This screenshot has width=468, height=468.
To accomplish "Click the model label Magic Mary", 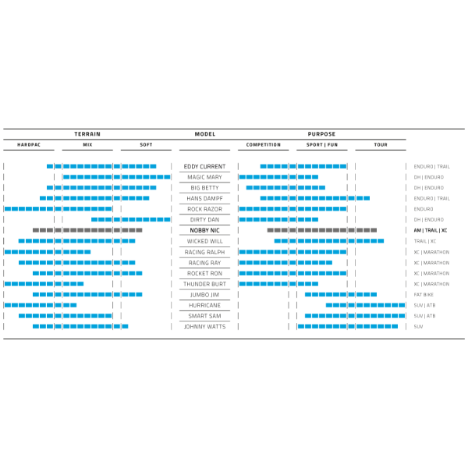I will (204, 177).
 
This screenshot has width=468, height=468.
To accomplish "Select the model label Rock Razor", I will (204, 209).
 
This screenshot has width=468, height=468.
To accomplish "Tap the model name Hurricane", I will (204, 305).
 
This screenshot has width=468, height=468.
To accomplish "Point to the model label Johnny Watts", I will (204, 326).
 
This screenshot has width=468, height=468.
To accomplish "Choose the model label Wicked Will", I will (204, 241).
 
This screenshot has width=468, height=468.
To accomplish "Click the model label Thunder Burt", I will (204, 284).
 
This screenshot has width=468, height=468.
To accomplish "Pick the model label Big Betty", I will (204, 188).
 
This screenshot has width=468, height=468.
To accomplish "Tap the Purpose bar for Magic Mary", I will (278, 177).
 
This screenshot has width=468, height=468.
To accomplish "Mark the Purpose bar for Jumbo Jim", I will (340, 294).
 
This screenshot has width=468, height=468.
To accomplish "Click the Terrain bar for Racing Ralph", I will (48, 252).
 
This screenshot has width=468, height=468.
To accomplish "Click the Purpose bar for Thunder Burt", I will (278, 284).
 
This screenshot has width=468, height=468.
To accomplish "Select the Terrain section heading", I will (87, 134).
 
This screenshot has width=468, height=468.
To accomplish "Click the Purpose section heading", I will (321, 134).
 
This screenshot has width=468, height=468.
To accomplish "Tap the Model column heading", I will (204, 134).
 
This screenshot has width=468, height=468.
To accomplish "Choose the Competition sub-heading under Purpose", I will (264, 144).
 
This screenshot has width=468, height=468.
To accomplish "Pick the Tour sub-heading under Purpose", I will (380, 144).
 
